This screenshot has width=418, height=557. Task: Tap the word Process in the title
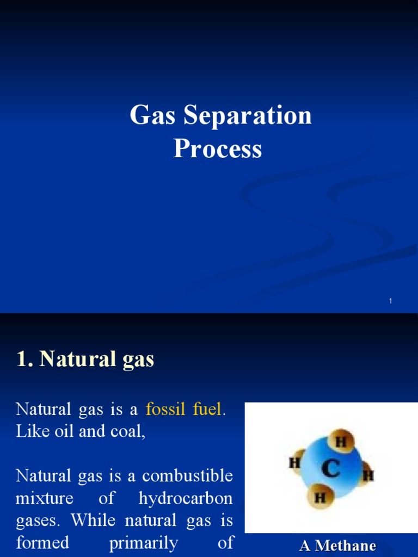(217, 148)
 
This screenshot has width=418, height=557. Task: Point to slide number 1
(391, 301)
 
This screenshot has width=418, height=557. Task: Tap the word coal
(129, 431)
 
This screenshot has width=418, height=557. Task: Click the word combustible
(188, 476)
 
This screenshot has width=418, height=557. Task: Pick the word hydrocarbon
(186, 498)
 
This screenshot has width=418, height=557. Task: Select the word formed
(42, 543)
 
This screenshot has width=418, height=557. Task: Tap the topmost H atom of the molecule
(341, 442)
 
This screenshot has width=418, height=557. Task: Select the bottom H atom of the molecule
(321, 498)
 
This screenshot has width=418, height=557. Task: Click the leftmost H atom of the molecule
(295, 463)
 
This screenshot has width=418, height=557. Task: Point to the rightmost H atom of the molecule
(368, 475)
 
